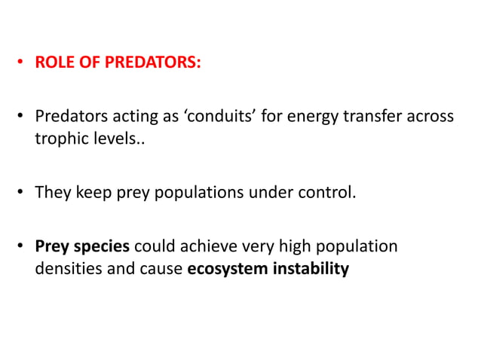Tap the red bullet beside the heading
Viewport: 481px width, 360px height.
click(23, 63)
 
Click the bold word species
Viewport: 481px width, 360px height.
click(104, 247)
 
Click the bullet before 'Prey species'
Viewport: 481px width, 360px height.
click(23, 247)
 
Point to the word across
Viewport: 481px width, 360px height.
click(431, 117)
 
